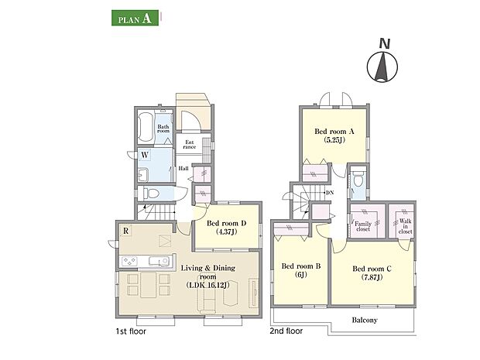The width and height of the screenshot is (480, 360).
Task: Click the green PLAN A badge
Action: click(135, 18)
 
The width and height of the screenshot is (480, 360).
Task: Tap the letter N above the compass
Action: click(385, 44)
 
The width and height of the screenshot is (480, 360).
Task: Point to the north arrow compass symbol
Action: click(382, 67)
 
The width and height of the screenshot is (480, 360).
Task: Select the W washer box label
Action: click(145, 155)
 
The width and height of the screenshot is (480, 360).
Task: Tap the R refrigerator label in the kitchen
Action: click(126, 231)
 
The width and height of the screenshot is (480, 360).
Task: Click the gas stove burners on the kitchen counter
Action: click(129, 262)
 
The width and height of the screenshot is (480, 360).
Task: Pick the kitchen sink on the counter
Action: click(159, 261)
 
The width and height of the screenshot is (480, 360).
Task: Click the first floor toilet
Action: click(149, 194)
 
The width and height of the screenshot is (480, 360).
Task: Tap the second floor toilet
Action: click(358, 179)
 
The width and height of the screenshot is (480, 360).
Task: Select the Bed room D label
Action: click(227, 228)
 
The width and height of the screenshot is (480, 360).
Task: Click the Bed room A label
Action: click(334, 135)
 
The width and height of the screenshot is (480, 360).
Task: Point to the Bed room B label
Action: click(301, 270)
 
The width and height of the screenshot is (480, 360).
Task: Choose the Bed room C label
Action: click(372, 273)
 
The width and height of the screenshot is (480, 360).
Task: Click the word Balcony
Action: click(365, 321)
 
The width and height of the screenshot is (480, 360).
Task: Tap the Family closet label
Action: click(363, 226)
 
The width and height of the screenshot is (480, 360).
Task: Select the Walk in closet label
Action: click(406, 226)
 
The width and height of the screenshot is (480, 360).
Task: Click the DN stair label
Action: click(330, 193)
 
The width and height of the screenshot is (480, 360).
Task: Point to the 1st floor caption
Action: click(131, 331)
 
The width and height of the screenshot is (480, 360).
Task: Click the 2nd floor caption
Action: click(286, 331)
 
